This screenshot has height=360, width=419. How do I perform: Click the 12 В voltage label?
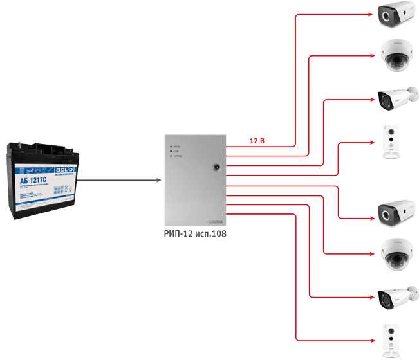[257, 139]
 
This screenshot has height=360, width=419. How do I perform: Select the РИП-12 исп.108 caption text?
[195, 235]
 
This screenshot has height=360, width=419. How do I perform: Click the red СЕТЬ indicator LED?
[170, 147]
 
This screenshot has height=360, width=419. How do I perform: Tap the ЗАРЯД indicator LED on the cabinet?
[170, 157]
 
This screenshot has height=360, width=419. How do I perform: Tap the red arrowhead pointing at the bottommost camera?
[373, 340]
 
